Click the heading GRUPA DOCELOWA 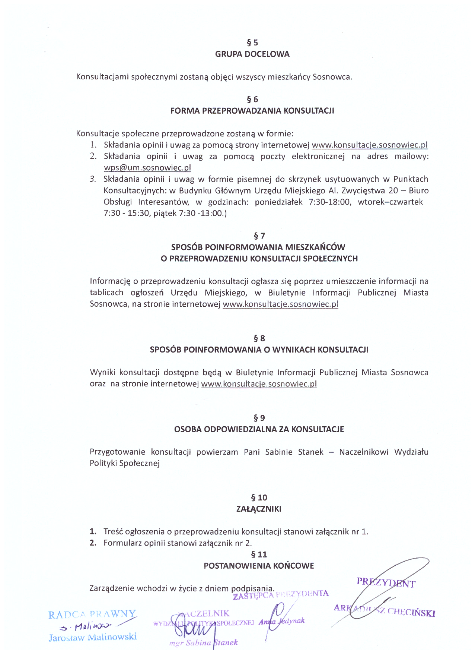[x=252, y=54]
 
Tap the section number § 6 [x=252, y=99]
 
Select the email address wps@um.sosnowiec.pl [x=147, y=168]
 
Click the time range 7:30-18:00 [x=329, y=202]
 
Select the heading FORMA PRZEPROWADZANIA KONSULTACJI [x=252, y=111]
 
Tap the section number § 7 [x=259, y=236]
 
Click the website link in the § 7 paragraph [x=280, y=304]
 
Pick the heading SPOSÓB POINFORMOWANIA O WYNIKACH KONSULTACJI [x=259, y=350]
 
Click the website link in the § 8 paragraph [x=259, y=384]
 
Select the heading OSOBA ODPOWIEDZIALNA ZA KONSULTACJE [x=259, y=429]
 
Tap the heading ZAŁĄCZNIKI [x=259, y=509]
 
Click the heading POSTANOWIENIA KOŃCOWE [x=259, y=566]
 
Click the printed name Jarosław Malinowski [x=93, y=637]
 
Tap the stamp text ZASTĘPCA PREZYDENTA [x=281, y=595]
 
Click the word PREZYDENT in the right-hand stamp [x=386, y=583]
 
